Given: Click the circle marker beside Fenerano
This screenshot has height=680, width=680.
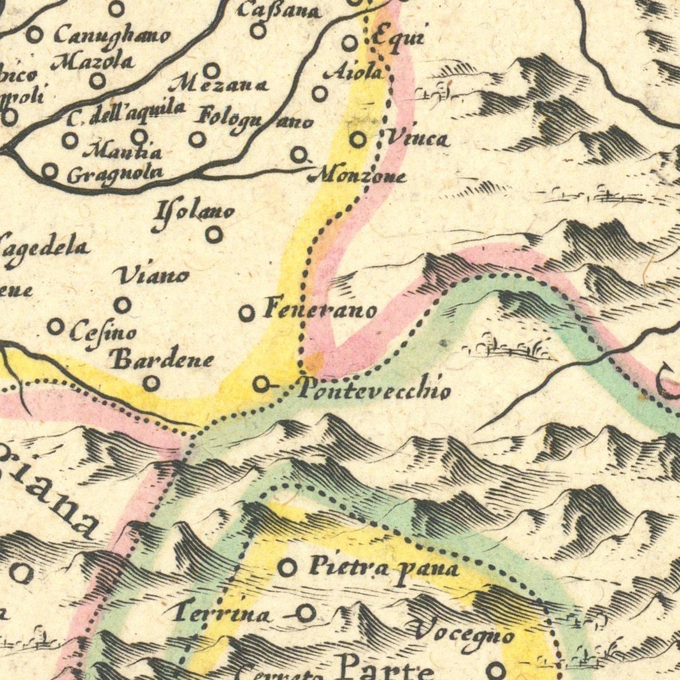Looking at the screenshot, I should click(x=247, y=313).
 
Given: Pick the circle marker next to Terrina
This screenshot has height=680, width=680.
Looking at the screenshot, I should click(x=307, y=613).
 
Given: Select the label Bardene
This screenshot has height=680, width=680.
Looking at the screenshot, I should click(x=162, y=360).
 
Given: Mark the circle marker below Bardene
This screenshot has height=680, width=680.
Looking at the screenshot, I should click(x=151, y=384).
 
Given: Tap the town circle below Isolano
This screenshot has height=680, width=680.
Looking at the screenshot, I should click(x=214, y=234).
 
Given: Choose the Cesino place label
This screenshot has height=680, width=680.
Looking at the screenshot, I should click(x=103, y=332).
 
